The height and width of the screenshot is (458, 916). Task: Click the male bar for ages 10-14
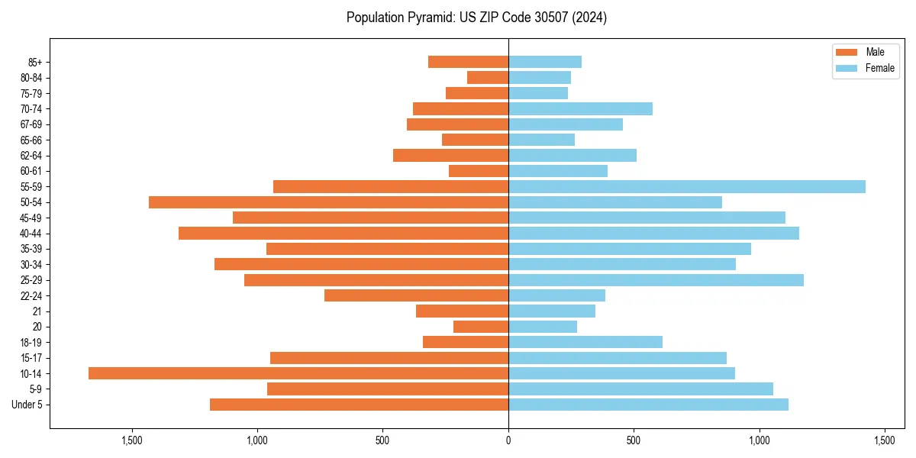click(x=298, y=373)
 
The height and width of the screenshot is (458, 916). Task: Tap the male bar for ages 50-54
click(x=328, y=202)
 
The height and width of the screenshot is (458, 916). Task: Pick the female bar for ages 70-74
click(x=580, y=108)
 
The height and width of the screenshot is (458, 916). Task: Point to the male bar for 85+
click(x=468, y=62)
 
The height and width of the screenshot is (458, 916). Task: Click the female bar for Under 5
click(x=648, y=405)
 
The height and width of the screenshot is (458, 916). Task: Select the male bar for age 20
click(x=481, y=327)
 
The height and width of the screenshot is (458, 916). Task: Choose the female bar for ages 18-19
click(x=585, y=342)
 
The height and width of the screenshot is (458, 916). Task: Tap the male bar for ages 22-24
click(x=416, y=295)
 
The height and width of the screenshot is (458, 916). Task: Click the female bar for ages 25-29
click(x=656, y=280)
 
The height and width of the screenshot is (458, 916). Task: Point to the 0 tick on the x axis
click(x=508, y=440)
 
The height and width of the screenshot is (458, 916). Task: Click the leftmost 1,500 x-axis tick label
click(x=132, y=440)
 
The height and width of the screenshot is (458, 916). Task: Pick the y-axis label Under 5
click(x=27, y=405)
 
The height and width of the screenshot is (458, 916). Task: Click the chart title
click(x=476, y=18)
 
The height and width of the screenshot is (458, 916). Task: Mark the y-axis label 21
click(x=37, y=311)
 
